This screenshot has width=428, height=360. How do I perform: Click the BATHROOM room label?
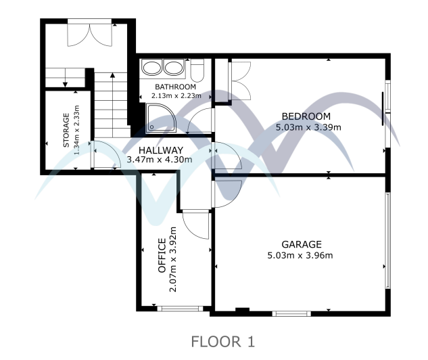tap(175, 87)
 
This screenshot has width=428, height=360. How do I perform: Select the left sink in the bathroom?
tap(153, 68)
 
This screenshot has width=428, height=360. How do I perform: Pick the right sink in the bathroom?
tap(174, 68)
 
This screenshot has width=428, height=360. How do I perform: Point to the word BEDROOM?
tap(306, 116)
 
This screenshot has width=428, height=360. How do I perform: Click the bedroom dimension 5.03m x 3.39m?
tap(308, 127)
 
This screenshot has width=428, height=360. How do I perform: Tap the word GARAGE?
tap(302, 244)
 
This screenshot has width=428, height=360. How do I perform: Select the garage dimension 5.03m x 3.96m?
tap(302, 255)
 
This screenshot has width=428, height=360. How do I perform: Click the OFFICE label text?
tap(162, 256)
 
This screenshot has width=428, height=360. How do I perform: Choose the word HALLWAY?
tap(160, 150)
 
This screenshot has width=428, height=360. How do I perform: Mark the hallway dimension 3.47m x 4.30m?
tap(160, 160)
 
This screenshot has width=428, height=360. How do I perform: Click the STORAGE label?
tap(66, 131)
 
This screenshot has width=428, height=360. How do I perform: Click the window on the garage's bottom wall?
tap(291, 313)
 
